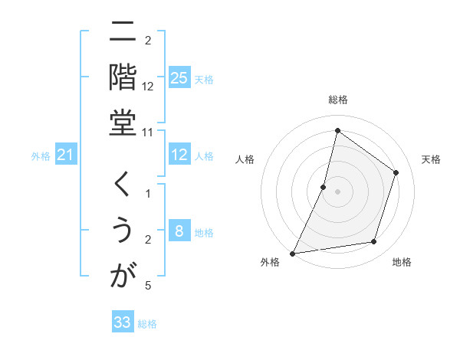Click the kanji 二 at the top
pos(123,34)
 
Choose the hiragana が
pos(123,275)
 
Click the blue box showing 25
pos(179,78)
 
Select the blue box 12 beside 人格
pos(179,155)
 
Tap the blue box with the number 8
pos(179,232)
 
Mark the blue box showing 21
pos(66,155)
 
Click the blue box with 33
pos(123,322)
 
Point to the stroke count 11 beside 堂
pos(148,132)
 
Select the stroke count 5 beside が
pos(148,286)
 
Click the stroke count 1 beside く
pos(148,194)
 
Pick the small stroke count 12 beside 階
pos(148,87)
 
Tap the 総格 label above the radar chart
pos(337,100)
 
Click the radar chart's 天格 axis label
pos(431,159)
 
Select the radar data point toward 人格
pos(324,186)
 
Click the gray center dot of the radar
pos(337,191)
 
